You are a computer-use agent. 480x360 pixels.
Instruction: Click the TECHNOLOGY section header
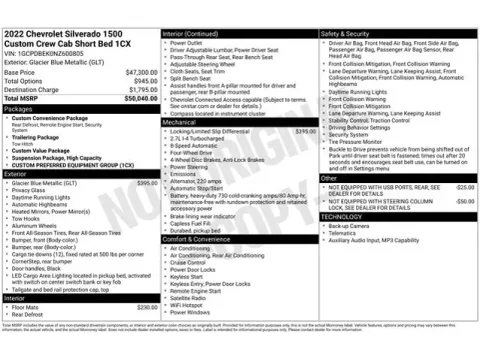pos(344,217)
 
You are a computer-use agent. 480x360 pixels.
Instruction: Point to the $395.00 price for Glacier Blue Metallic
pos(146,184)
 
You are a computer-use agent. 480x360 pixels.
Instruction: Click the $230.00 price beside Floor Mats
pos(146,307)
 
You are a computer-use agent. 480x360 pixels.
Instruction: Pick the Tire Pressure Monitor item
pos(362,142)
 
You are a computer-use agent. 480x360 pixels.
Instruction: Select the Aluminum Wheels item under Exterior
pos(39,226)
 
